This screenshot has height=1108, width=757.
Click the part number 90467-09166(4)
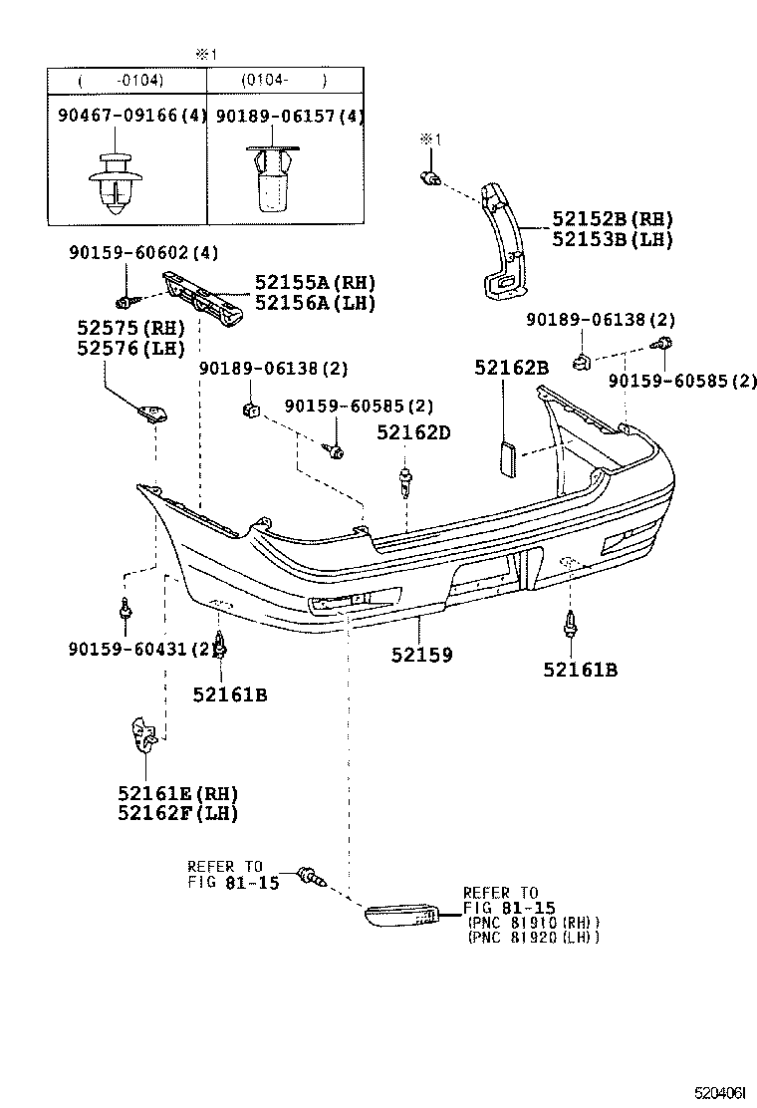(x=127, y=117)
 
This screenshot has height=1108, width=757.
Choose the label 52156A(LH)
(x=315, y=304)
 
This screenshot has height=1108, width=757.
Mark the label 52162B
(x=511, y=369)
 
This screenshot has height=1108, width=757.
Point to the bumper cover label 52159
(x=421, y=655)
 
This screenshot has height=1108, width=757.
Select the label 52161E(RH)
(x=177, y=793)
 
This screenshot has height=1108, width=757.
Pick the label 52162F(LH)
(x=177, y=813)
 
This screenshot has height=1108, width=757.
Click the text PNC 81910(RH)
(x=531, y=922)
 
